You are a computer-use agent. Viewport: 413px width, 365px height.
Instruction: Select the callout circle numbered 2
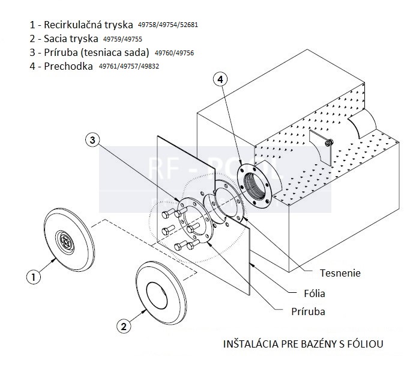click(x=123, y=327)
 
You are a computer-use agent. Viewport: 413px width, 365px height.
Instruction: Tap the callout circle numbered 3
click(x=92, y=140)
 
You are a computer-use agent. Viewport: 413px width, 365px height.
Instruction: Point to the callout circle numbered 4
click(x=220, y=79)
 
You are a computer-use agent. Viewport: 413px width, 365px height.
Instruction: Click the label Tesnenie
click(x=340, y=273)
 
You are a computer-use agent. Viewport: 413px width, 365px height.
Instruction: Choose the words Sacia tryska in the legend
click(x=71, y=39)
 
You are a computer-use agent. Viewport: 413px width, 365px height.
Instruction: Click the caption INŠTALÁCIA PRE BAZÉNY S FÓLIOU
click(x=303, y=345)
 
